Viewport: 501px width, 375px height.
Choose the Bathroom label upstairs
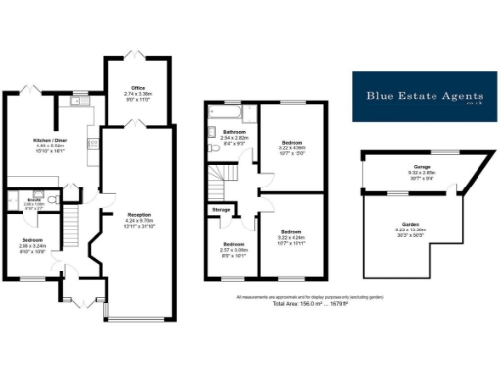pyautogui.click(x=234, y=132)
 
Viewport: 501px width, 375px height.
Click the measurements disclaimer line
pyautogui.click(x=310, y=295)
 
